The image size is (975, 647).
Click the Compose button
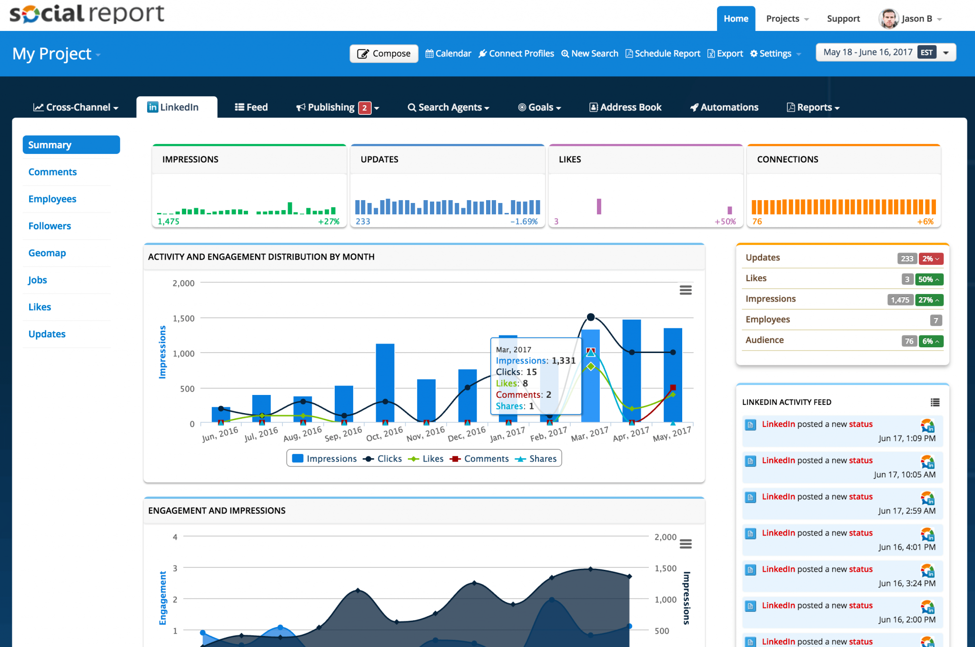pyautogui.click(x=384, y=53)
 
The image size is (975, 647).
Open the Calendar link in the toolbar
pyautogui.click(x=448, y=53)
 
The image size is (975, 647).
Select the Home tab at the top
pyautogui.click(x=736, y=19)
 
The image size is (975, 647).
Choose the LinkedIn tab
pyautogui.click(x=177, y=107)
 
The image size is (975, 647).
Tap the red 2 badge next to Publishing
pyautogui.click(x=364, y=108)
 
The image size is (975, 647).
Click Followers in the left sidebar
pyautogui.click(x=50, y=226)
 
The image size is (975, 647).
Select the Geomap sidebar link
pyautogui.click(x=47, y=253)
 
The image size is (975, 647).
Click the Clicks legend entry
pyautogui.click(x=383, y=458)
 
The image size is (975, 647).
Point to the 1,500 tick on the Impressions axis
pyautogui.click(x=183, y=318)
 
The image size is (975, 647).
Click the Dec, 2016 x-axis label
pyautogui.click(x=467, y=433)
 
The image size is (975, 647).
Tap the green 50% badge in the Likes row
pyautogui.click(x=928, y=279)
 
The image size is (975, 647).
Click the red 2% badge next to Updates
pyautogui.click(x=930, y=259)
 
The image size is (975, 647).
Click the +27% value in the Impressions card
pyautogui.click(x=328, y=222)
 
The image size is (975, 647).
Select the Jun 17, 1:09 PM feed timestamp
pyautogui.click(x=906, y=438)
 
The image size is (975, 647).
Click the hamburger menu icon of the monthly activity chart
pyautogui.click(x=685, y=290)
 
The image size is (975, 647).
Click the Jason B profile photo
pyautogui.click(x=888, y=19)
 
